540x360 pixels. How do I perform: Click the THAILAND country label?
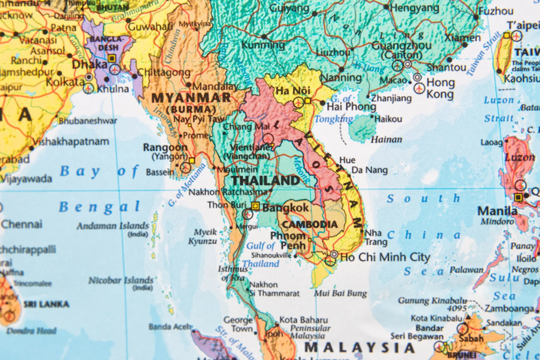point(266,181)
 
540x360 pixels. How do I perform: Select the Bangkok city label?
point(286,208)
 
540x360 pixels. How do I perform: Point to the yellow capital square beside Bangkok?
point(255,206)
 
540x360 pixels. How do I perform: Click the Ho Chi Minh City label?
point(385,257)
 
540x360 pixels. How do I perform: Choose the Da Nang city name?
point(369,170)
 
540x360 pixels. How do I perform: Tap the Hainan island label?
point(386,140)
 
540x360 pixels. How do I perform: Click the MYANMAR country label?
point(191,98)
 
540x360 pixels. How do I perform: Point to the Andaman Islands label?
point(113,226)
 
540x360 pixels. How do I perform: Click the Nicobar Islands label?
point(121,281)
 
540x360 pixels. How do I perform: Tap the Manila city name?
point(497,211)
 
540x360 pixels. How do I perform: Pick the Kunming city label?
point(263,45)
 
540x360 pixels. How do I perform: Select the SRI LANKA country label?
point(46,304)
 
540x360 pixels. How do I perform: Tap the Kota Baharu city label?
point(303,320)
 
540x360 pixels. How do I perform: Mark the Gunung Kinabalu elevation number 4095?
point(457,308)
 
